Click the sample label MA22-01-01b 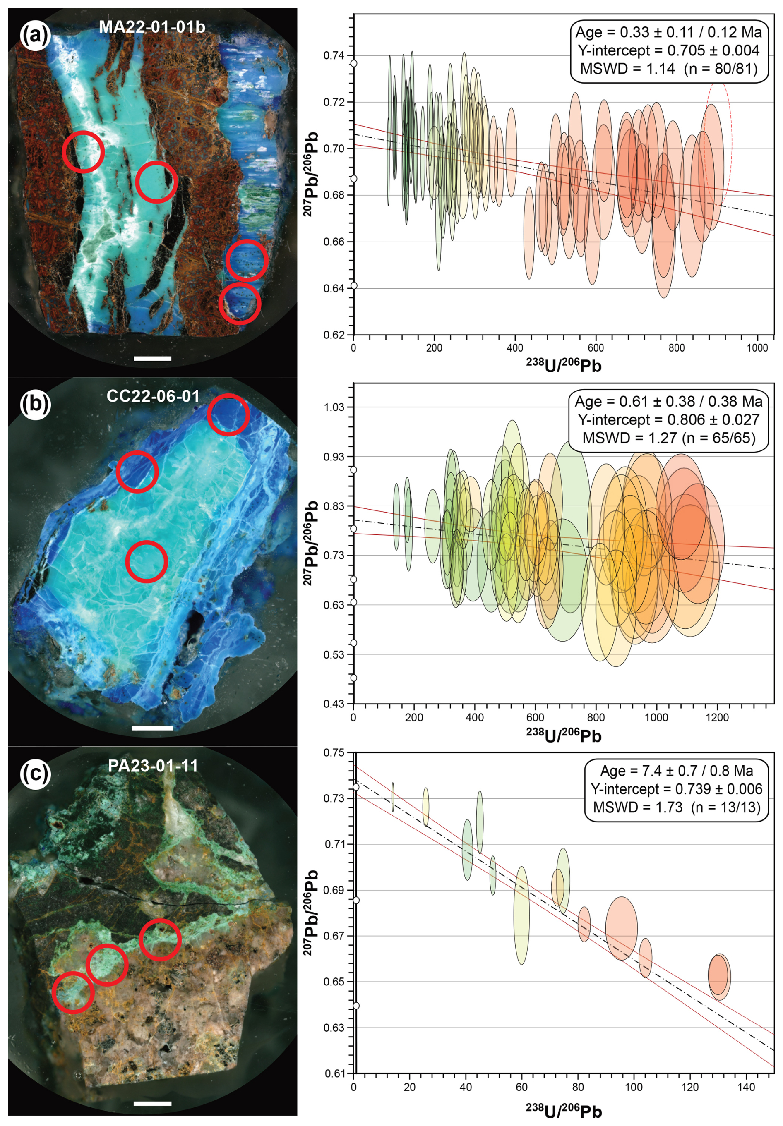click(x=152, y=27)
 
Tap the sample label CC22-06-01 click(x=153, y=396)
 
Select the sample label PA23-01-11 click(x=153, y=766)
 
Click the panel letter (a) click(x=35, y=34)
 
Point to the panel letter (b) click(x=35, y=404)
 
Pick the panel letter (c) click(x=35, y=774)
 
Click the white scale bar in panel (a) click(x=153, y=359)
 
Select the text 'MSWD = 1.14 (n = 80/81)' click(x=669, y=69)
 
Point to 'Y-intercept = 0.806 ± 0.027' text click(x=669, y=420)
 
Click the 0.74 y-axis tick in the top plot click(x=334, y=55)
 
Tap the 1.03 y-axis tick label click(x=334, y=407)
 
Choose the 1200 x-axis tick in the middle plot click(x=717, y=717)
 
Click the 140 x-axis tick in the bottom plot click(x=746, y=1087)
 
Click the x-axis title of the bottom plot click(x=564, y=1110)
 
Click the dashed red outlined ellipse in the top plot click(x=719, y=142)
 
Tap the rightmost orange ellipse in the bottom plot click(x=719, y=976)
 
